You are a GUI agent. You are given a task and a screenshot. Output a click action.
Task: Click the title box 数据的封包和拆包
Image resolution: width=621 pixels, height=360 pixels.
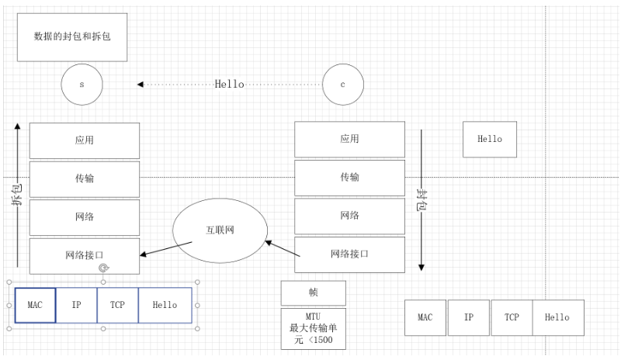(x=73, y=36)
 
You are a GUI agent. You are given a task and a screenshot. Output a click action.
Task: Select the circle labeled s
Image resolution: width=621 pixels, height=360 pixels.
(x=82, y=84)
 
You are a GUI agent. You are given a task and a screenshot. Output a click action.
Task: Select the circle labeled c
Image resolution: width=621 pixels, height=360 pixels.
(x=343, y=84)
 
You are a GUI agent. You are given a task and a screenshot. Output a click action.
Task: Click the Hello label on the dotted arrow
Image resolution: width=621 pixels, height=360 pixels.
(x=229, y=84)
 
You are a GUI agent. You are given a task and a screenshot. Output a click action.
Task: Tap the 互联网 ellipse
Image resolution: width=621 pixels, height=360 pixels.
(x=220, y=230)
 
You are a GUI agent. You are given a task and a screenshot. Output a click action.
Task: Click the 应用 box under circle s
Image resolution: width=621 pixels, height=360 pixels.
(x=85, y=140)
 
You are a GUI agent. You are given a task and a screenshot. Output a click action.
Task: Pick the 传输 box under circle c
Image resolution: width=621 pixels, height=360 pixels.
(x=349, y=178)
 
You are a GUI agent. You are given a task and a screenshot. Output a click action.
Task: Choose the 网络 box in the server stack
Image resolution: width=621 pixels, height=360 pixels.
(x=85, y=217)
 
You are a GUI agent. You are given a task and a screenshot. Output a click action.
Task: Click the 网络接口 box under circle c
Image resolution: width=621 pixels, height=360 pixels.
(x=349, y=254)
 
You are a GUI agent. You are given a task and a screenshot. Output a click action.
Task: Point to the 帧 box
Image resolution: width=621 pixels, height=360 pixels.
(x=313, y=293)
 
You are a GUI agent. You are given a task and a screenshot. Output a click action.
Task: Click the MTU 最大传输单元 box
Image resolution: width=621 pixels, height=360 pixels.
(x=313, y=328)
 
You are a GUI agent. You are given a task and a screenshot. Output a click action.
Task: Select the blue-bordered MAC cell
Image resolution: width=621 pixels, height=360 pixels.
(x=35, y=305)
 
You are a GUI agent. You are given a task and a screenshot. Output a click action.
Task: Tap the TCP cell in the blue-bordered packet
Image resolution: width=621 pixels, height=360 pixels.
(x=118, y=305)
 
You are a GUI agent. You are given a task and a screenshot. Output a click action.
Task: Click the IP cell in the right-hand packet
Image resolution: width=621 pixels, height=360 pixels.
(x=468, y=317)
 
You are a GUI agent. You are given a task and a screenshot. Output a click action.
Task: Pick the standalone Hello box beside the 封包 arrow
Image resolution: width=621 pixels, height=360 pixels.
(x=489, y=140)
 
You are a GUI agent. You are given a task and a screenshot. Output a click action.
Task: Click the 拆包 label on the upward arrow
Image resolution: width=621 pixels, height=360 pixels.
(x=17, y=195)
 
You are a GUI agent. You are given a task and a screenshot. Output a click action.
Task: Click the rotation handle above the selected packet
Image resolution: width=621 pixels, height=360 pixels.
(x=102, y=268)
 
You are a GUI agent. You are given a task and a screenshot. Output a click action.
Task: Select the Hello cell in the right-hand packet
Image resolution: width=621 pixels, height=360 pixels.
(x=557, y=317)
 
